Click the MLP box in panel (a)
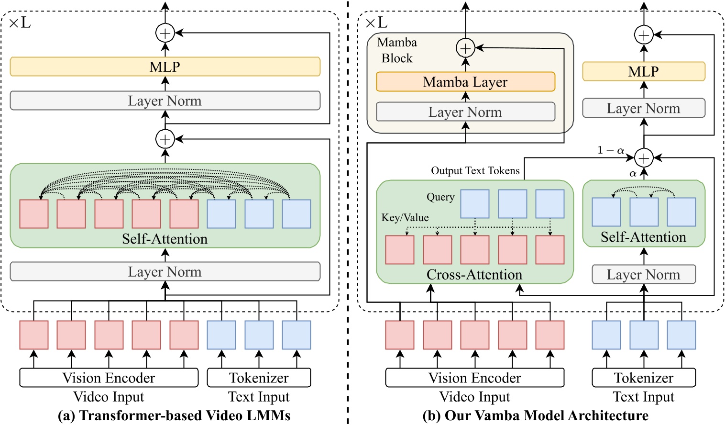pyautogui.click(x=165, y=67)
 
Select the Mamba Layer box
pyautogui.click(x=465, y=82)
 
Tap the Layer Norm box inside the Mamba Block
pyautogui.click(x=465, y=112)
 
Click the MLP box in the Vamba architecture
pyautogui.click(x=643, y=71)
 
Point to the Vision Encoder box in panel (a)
pyautogui.click(x=109, y=378)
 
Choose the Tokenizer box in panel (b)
pyautogui.click(x=643, y=378)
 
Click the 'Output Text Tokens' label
pyautogui.click(x=475, y=171)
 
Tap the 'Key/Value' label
pyautogui.click(x=405, y=217)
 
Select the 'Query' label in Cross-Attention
pyautogui.click(x=440, y=197)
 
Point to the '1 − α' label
pyautogui.click(x=611, y=150)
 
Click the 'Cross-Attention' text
pyautogui.click(x=474, y=275)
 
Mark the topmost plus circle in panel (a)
pyautogui.click(x=165, y=34)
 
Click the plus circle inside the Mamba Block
pyautogui.click(x=465, y=48)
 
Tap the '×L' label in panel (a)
pyautogui.click(x=20, y=22)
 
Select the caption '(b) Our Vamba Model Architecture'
pyautogui.click(x=535, y=415)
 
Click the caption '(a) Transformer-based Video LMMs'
pyautogui.click(x=174, y=415)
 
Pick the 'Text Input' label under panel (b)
pyautogui.click(x=643, y=397)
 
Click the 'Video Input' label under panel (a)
pyautogui.click(x=109, y=397)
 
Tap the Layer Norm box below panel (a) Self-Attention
pyautogui.click(x=165, y=271)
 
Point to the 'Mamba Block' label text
pyautogui.click(x=397, y=50)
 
